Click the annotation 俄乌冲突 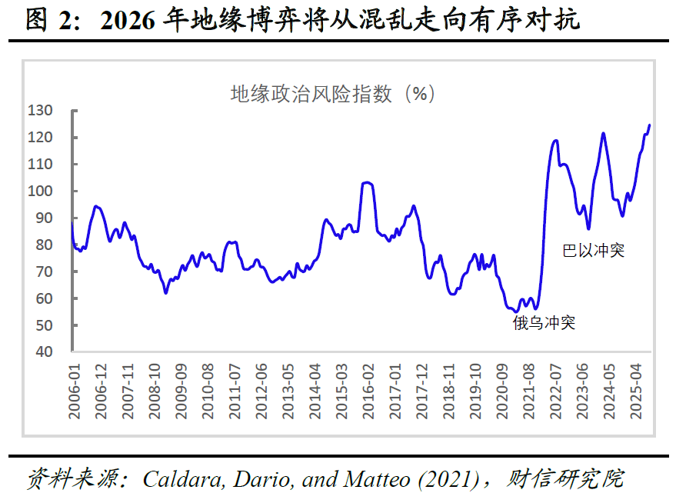click(x=544, y=323)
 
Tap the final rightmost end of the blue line click(x=650, y=125)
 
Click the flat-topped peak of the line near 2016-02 click(x=367, y=182)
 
